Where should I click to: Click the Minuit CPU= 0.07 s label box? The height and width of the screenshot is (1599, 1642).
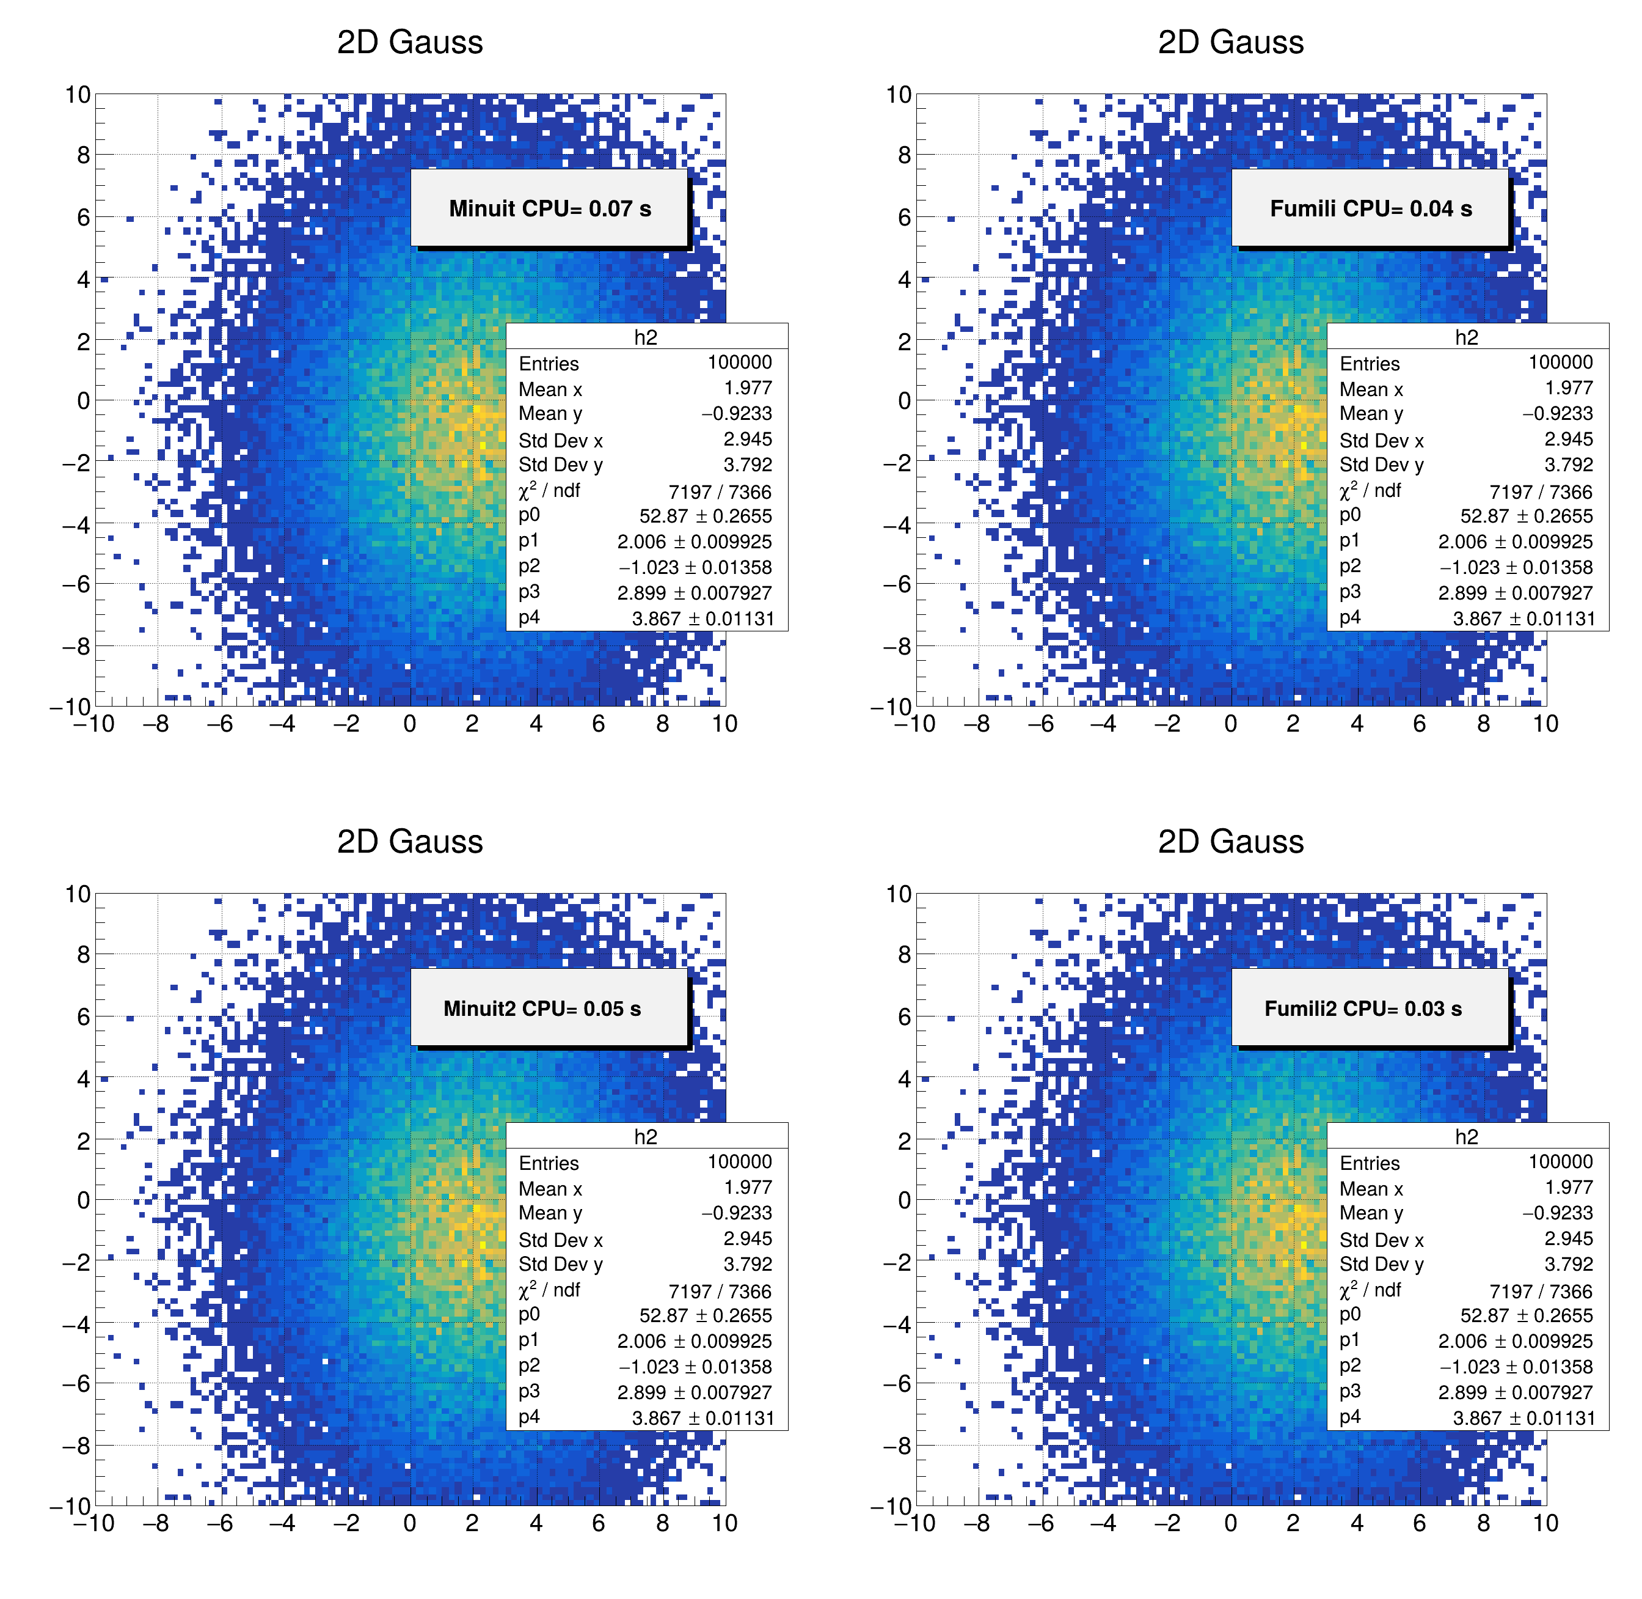(549, 208)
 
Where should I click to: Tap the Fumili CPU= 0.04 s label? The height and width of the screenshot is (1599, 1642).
(1370, 208)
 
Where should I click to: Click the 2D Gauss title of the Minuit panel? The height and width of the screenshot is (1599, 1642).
(410, 42)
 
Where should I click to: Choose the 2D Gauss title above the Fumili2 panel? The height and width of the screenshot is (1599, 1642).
(1231, 842)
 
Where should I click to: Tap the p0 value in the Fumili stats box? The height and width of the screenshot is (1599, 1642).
(1526, 516)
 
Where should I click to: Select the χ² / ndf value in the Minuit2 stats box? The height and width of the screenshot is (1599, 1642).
(720, 1292)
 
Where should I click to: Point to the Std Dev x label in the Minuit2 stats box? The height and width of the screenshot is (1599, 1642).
(560, 1240)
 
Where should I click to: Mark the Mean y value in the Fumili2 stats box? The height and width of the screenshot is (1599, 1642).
(1557, 1213)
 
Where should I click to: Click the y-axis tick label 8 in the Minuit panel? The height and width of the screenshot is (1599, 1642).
(82, 155)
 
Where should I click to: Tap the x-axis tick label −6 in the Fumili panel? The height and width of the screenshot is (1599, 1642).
(1041, 724)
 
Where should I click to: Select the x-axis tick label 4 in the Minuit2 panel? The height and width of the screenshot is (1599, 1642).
(536, 1523)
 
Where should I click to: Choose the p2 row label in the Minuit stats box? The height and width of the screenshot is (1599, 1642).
(529, 566)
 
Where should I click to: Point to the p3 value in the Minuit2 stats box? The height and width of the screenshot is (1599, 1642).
(694, 1392)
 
